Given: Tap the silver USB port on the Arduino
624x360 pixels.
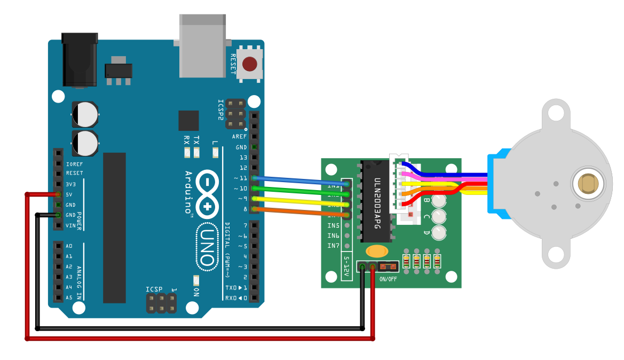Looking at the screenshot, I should pyautogui.click(x=203, y=45).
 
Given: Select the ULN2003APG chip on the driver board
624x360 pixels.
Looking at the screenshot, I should pyautogui.click(x=377, y=203).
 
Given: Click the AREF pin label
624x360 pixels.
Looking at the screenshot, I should pyautogui.click(x=239, y=137).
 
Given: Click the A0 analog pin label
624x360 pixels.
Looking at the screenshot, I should pyautogui.click(x=69, y=246).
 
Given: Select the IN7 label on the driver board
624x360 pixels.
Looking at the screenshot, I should pyautogui.click(x=334, y=246).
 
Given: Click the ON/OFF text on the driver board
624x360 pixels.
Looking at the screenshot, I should pyautogui.click(x=388, y=279).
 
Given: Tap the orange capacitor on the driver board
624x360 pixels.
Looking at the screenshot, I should pyautogui.click(x=377, y=251).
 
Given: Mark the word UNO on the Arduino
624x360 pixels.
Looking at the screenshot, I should pyautogui.click(x=207, y=246).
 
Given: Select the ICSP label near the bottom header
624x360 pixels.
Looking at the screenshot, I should pyautogui.click(x=155, y=289).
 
